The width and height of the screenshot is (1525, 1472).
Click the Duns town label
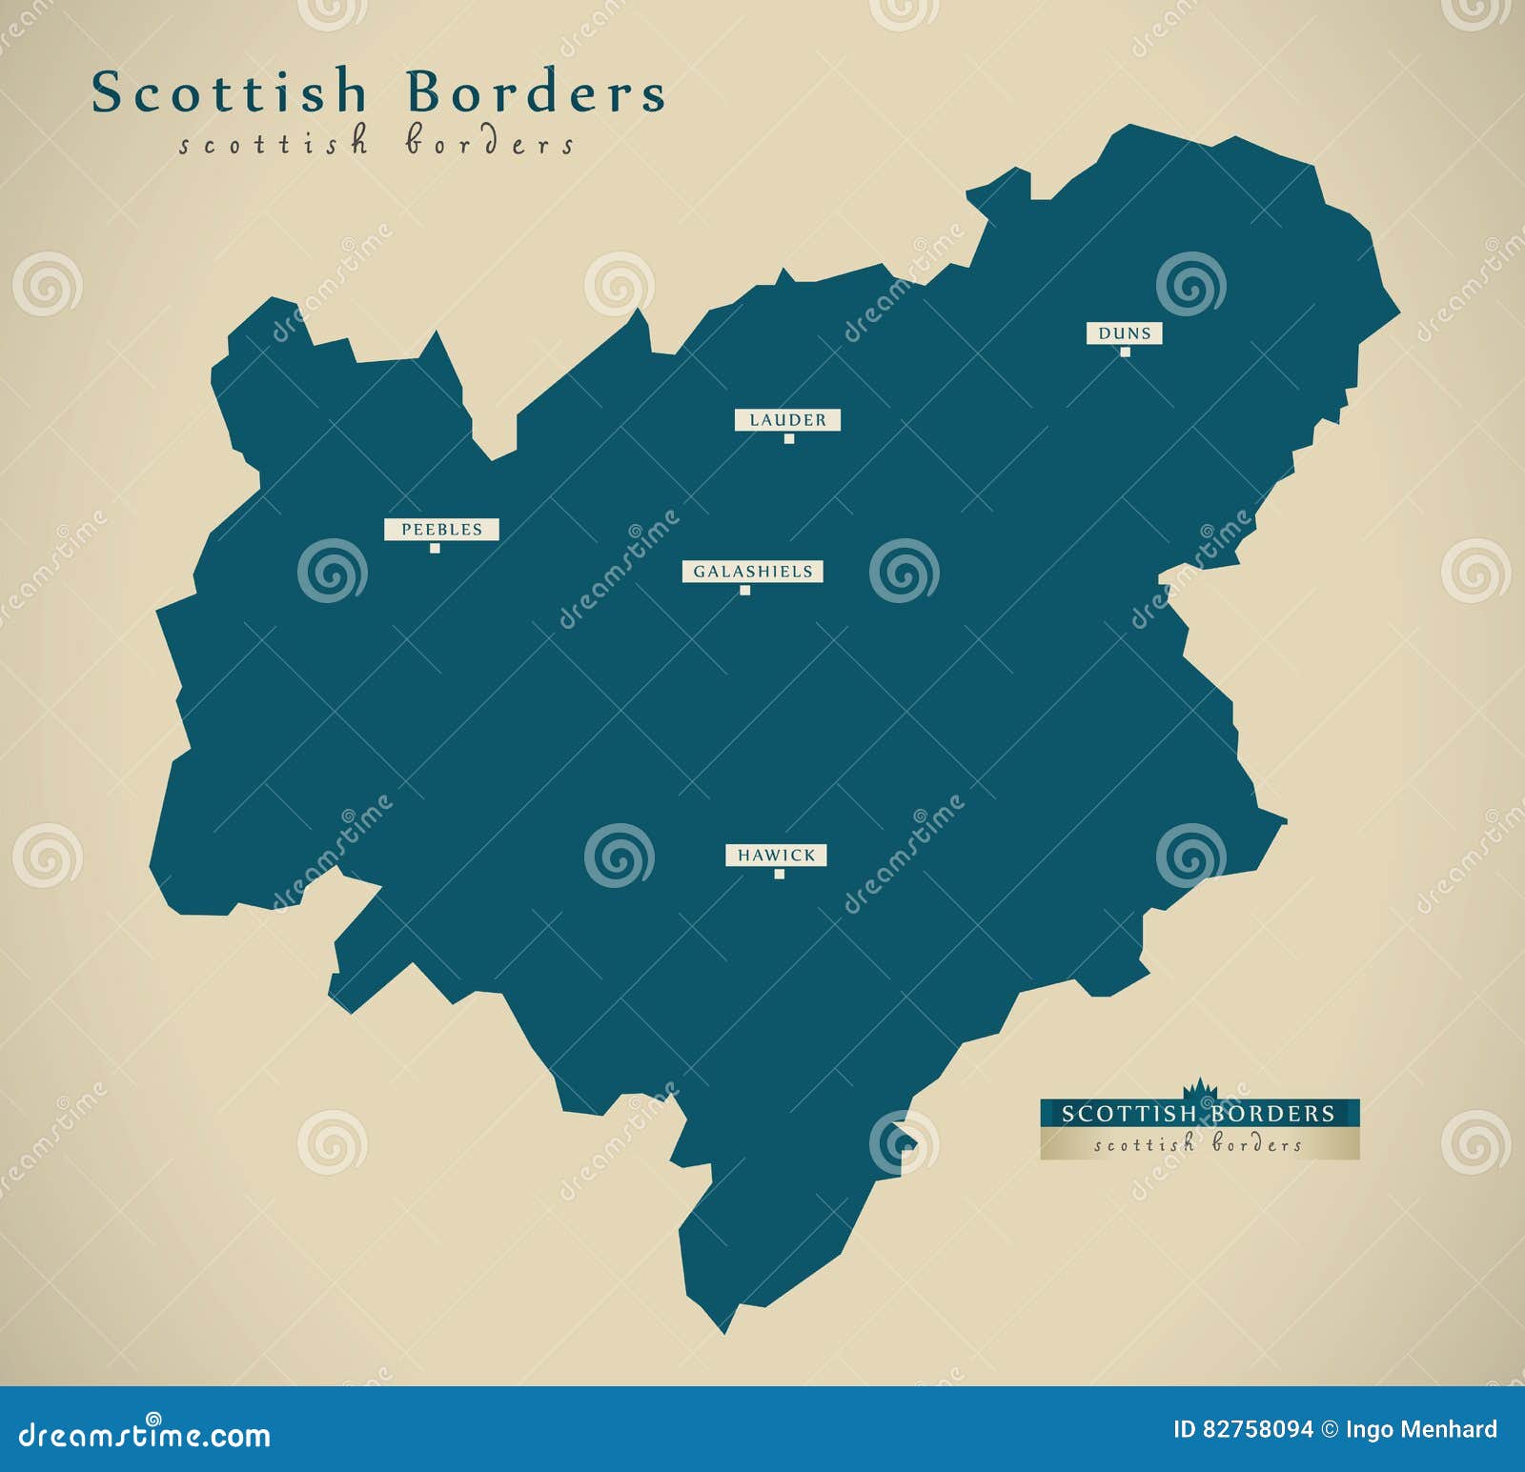pyautogui.click(x=1125, y=333)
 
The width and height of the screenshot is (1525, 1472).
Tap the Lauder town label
pyautogui.click(x=787, y=419)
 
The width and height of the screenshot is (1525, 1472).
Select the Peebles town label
pyautogui.click(x=441, y=529)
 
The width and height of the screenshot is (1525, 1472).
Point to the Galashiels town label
pyautogui.click(x=752, y=572)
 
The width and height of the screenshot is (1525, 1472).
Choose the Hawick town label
pyautogui.click(x=776, y=856)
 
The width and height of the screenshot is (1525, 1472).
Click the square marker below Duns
pyautogui.click(x=1125, y=353)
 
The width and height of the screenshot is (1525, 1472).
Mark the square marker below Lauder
pyautogui.click(x=788, y=439)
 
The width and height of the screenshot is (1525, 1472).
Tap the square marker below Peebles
pyautogui.click(x=435, y=548)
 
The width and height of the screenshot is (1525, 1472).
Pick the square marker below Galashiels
pyautogui.click(x=744, y=591)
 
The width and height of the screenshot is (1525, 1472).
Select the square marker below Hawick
pyautogui.click(x=779, y=875)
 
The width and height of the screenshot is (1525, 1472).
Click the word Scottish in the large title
pyautogui.click(x=230, y=93)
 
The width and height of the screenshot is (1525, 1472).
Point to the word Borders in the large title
pyautogui.click(x=537, y=93)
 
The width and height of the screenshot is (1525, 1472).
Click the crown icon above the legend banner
pyautogui.click(x=1197, y=1088)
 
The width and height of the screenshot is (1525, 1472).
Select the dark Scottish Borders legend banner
pyautogui.click(x=1199, y=1113)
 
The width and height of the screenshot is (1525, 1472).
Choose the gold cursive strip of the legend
pyautogui.click(x=1199, y=1144)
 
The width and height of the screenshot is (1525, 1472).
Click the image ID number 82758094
pyautogui.click(x=1255, y=1429)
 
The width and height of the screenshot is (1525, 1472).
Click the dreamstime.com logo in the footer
pyautogui.click(x=145, y=1434)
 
